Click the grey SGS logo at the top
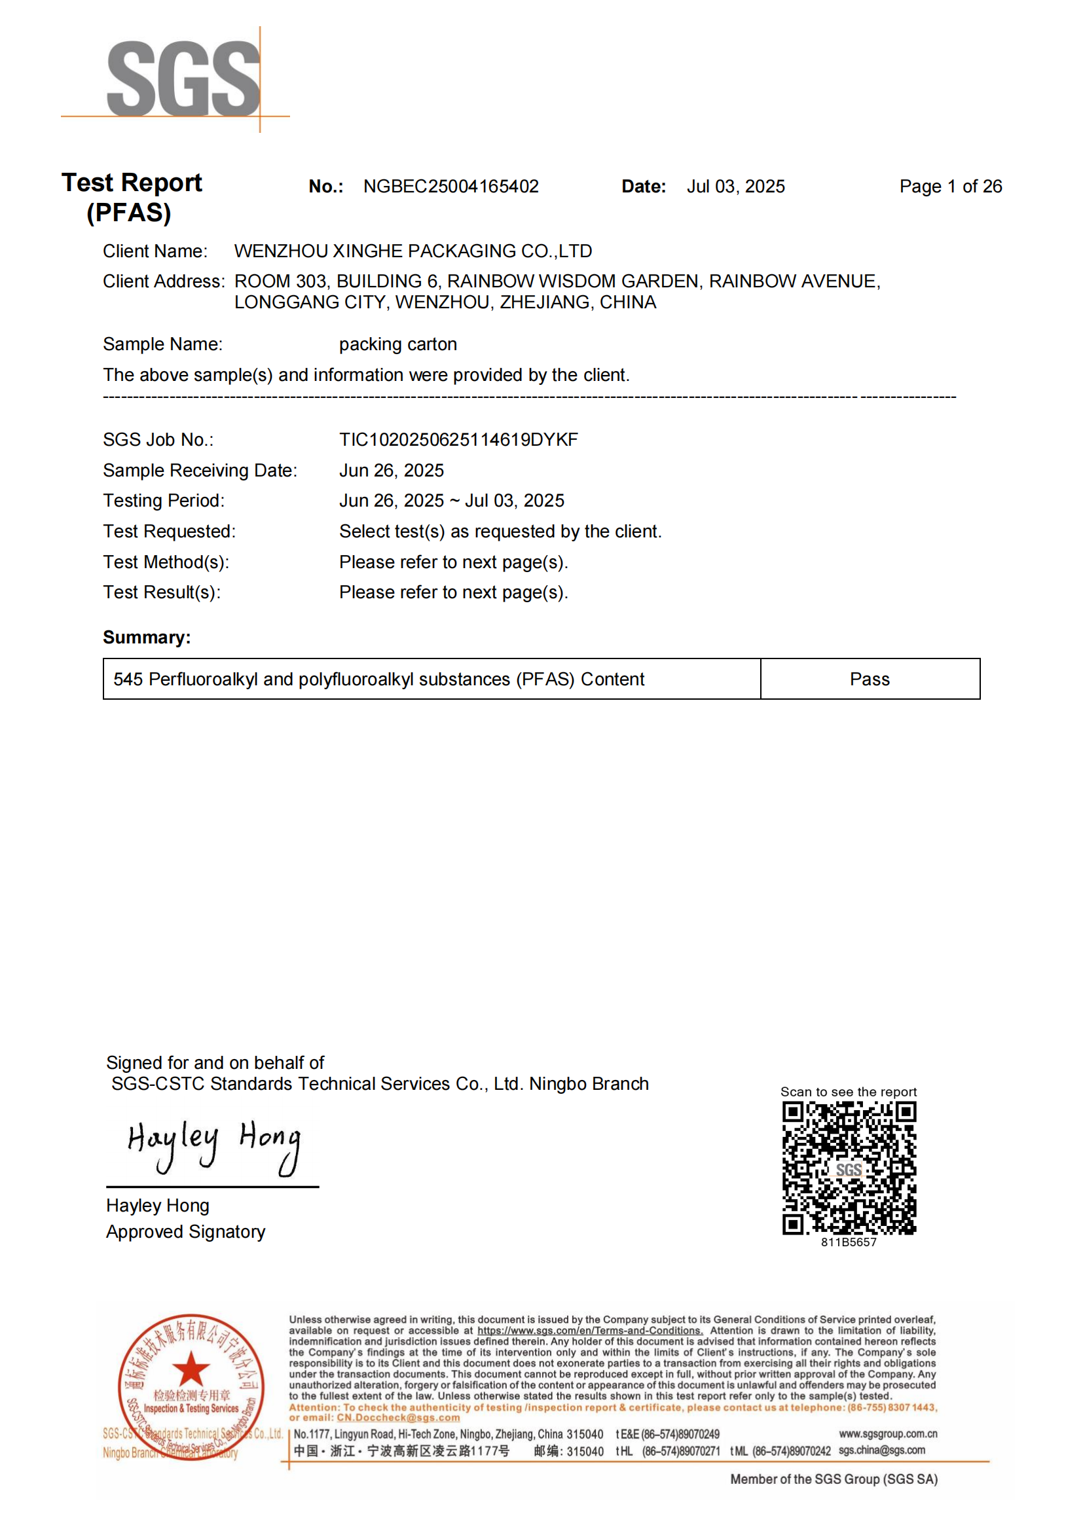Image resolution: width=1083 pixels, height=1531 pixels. (x=183, y=79)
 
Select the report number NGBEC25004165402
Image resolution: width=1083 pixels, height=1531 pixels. (x=450, y=187)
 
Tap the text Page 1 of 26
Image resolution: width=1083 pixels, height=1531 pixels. (x=949, y=187)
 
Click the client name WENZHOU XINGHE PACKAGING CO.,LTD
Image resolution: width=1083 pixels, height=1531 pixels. (x=413, y=251)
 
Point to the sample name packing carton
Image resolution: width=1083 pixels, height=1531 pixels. (x=397, y=345)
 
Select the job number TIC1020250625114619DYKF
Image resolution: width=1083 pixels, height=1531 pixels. (x=458, y=440)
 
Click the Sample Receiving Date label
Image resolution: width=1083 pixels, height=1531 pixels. (x=200, y=471)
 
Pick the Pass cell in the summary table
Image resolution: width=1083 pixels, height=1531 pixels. (x=869, y=679)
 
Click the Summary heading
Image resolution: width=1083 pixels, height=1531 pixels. (x=147, y=638)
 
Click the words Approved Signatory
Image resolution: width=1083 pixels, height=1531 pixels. (x=185, y=1232)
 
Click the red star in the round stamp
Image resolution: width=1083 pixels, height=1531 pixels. (x=191, y=1369)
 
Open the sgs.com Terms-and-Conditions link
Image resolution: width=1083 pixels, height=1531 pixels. (x=589, y=1331)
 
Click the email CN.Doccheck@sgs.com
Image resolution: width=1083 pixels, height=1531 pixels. (x=398, y=1418)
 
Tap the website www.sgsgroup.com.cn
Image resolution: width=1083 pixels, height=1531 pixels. (x=888, y=1433)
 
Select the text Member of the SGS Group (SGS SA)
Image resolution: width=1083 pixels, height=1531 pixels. (x=834, y=1479)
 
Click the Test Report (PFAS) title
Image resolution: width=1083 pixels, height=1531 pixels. (x=132, y=198)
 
